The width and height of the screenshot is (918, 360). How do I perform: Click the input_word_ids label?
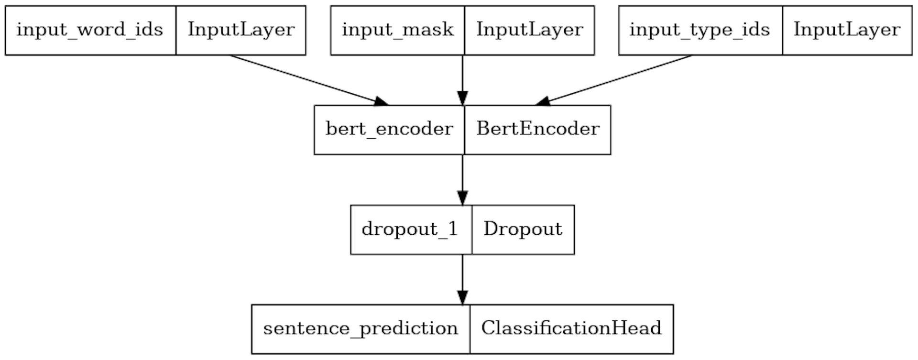(x=90, y=30)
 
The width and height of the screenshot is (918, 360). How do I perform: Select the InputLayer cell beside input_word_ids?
(x=241, y=30)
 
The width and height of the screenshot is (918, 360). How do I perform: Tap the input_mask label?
(x=397, y=30)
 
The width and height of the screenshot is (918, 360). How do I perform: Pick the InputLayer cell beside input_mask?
(x=529, y=30)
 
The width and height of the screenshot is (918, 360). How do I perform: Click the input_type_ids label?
(x=700, y=30)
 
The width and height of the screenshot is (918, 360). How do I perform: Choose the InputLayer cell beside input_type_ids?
(x=847, y=30)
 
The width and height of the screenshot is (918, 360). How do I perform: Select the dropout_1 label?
(x=411, y=229)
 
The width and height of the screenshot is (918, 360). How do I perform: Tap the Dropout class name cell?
(x=523, y=229)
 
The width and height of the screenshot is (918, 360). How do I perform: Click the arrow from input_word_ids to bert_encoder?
(x=306, y=79)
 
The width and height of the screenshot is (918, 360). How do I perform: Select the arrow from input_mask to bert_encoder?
(x=462, y=76)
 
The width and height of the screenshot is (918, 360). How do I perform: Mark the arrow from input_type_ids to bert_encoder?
(x=617, y=79)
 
